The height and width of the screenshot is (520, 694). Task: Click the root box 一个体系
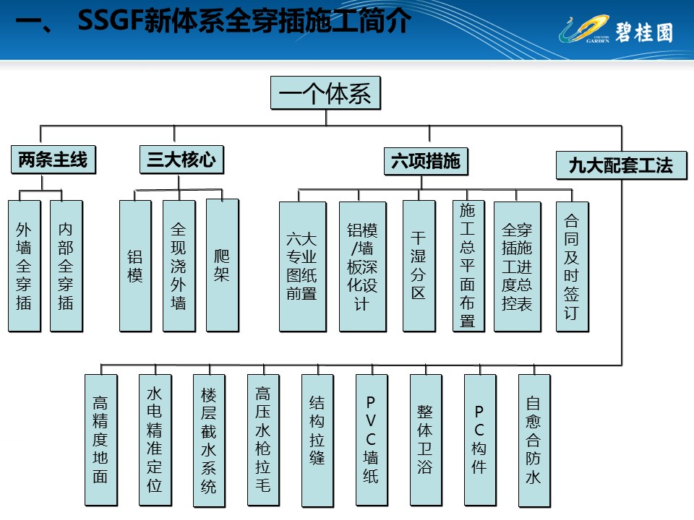(x=325, y=94)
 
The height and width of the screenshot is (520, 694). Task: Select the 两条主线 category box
(x=53, y=160)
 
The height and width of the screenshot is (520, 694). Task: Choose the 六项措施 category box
(x=425, y=160)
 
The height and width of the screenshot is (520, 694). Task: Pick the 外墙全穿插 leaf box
(x=24, y=266)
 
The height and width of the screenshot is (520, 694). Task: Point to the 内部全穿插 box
(x=66, y=266)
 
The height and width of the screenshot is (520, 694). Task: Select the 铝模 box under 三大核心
(x=135, y=266)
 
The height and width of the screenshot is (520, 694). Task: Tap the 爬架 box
(x=222, y=266)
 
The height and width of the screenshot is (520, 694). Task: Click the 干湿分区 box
(x=419, y=266)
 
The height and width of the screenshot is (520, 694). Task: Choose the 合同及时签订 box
(x=572, y=266)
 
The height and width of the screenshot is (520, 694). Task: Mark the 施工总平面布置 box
(x=468, y=266)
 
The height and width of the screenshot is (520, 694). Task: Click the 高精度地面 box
(x=100, y=439)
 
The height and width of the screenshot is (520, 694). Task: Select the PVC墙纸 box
(x=371, y=439)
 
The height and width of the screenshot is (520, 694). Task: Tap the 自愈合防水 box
(x=534, y=439)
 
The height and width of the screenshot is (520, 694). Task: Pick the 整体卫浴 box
(x=425, y=439)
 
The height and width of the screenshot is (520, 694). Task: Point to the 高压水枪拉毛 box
(x=262, y=439)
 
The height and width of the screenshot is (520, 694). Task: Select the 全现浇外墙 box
(x=179, y=266)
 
